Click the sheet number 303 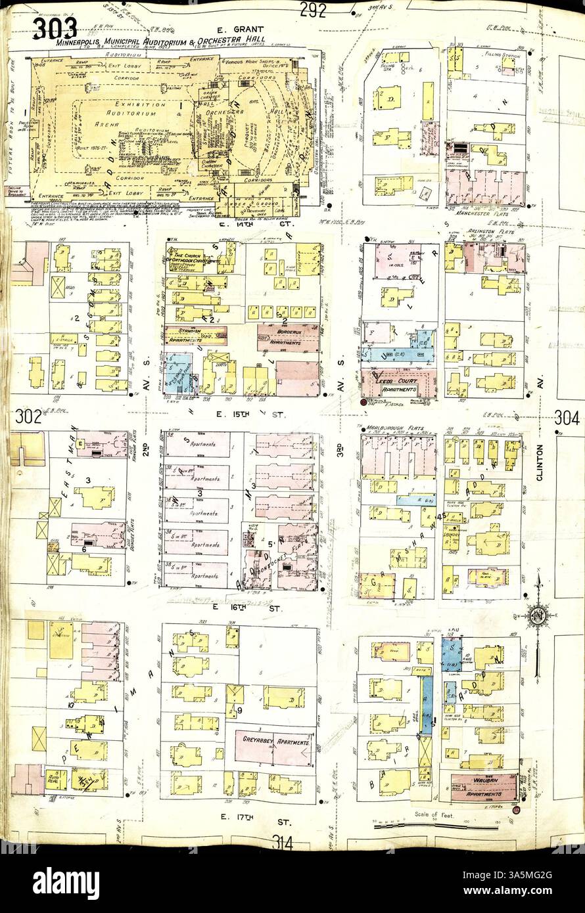click(54, 28)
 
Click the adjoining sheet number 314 click(285, 843)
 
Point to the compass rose click(538, 615)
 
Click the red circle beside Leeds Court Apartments click(364, 401)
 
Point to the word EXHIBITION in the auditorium click(140, 104)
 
